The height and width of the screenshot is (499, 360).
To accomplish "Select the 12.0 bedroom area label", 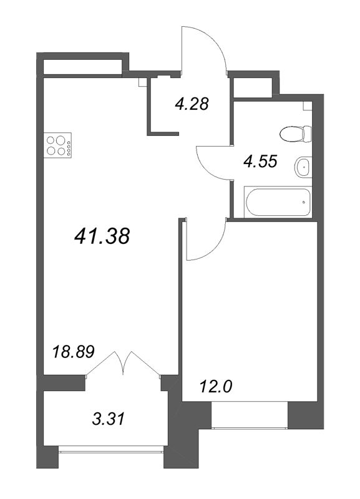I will [x=216, y=387].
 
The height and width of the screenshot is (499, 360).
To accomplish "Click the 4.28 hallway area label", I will [x=191, y=104].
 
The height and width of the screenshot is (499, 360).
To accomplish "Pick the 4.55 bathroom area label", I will [x=260, y=162].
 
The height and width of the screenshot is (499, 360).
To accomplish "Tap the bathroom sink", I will [x=303, y=166].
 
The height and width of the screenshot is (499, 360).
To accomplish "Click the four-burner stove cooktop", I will [x=57, y=145].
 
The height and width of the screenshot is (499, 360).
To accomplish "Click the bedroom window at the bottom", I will [x=250, y=417].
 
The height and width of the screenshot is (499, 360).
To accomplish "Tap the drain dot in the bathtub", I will [x=303, y=202].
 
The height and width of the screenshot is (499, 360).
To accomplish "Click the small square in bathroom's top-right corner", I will [x=306, y=106].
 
